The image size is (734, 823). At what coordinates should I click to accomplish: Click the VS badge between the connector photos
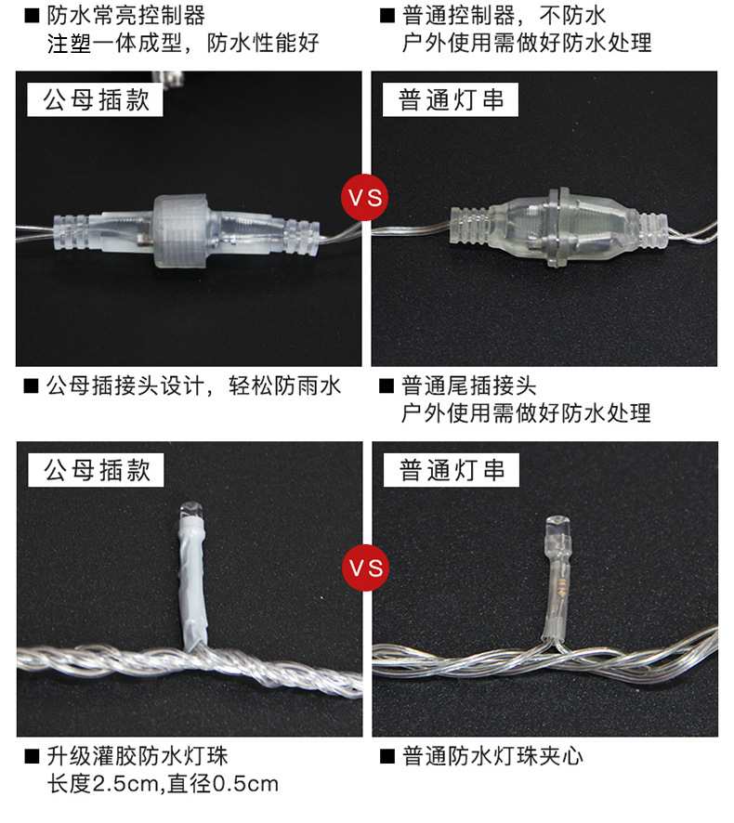366,198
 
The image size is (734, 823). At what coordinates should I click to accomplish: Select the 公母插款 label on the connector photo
97,100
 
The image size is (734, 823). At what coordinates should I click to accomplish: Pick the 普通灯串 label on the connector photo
452,100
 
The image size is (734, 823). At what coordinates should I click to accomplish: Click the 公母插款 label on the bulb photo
97,470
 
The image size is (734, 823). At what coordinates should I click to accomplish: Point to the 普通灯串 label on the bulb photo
452,470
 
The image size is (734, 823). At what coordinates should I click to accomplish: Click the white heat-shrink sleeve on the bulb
192,585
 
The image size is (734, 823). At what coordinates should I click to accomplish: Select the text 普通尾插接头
468,385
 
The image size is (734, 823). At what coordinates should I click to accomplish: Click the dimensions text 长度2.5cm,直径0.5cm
163,784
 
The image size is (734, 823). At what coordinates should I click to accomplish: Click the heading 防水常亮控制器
125,16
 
